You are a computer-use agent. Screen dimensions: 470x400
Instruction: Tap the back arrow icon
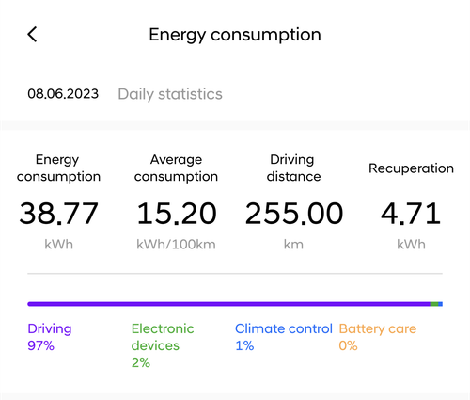click(32, 34)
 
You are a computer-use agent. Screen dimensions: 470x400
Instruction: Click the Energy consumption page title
click(235, 35)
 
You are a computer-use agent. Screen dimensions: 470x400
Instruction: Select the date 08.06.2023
click(63, 94)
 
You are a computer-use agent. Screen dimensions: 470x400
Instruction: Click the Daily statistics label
click(170, 94)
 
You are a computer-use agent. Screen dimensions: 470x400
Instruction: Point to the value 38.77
click(59, 214)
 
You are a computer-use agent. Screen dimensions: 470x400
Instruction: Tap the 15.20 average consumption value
click(177, 214)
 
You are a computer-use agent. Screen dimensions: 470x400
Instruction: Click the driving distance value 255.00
click(294, 214)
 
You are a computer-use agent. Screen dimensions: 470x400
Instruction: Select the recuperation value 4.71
click(411, 214)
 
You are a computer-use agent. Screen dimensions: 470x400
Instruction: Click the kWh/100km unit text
click(176, 245)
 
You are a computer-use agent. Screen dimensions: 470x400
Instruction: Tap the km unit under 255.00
click(293, 245)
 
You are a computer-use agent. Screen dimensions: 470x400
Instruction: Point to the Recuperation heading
click(411, 168)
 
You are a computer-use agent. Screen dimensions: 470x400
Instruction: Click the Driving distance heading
click(293, 168)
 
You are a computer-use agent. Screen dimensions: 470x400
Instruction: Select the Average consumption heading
click(176, 168)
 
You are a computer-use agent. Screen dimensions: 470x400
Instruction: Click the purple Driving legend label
click(50, 328)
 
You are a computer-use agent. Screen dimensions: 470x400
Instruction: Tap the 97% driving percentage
click(40, 345)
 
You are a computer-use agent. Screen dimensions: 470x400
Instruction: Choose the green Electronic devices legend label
click(163, 337)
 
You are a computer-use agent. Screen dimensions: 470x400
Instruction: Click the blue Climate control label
click(284, 328)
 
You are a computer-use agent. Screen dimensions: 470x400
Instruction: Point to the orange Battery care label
click(378, 328)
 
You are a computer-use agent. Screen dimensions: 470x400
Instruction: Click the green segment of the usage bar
click(434, 304)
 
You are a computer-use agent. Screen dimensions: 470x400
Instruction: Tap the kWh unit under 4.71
click(411, 245)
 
